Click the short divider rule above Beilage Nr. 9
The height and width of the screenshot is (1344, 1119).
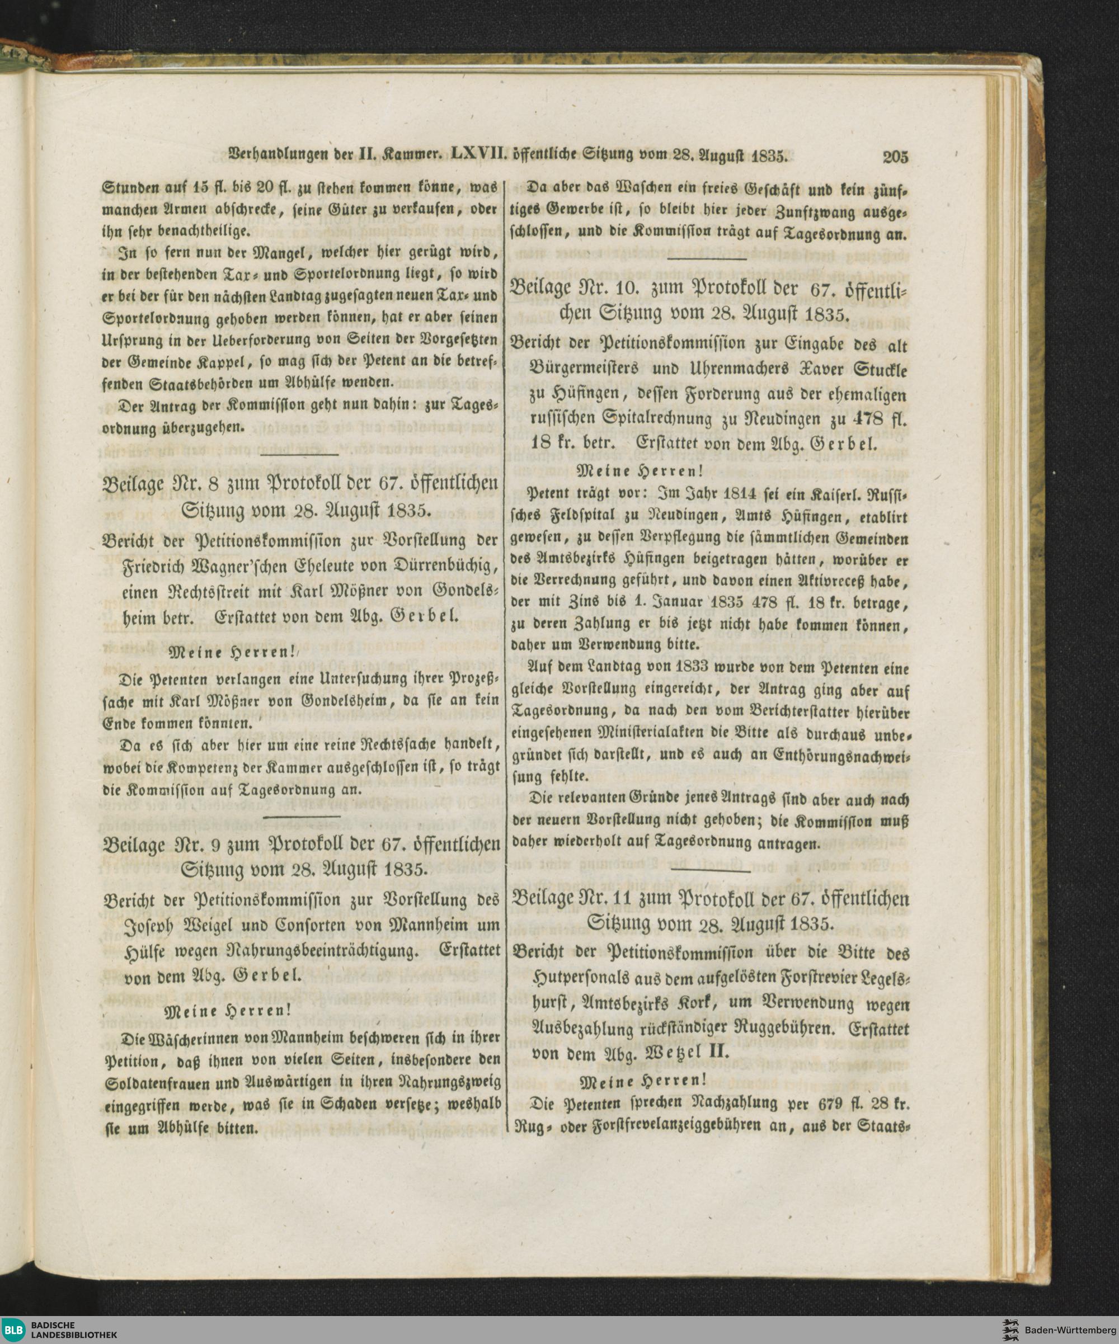(301, 817)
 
